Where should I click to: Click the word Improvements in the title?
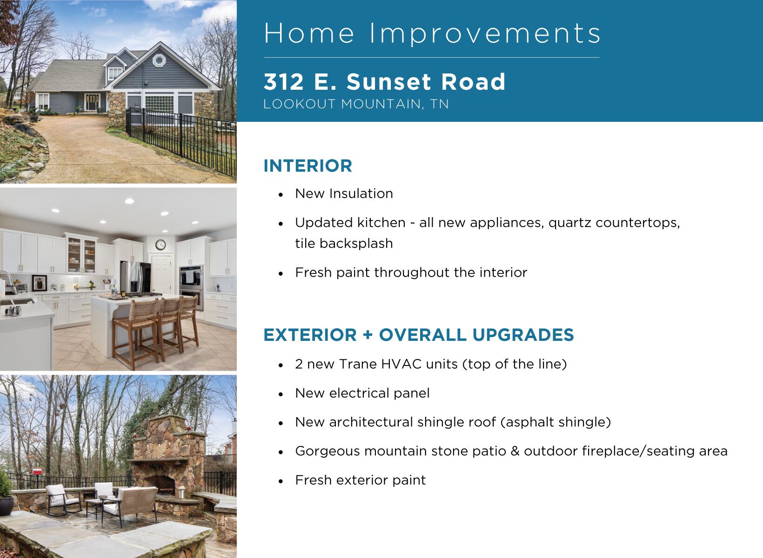(485, 33)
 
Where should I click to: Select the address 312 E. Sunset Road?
(384, 82)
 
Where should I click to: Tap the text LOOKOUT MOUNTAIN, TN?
(356, 104)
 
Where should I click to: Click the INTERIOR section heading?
(308, 166)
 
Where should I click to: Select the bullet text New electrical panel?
(362, 393)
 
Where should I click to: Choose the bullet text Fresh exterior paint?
(360, 480)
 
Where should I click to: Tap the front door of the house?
(92, 102)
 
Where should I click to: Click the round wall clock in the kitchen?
(160, 244)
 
